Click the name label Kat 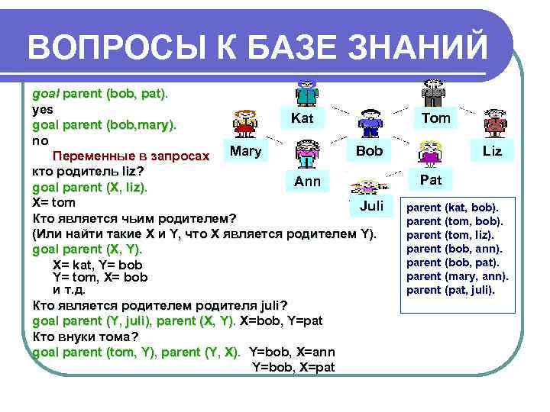pos(302,118)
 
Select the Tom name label pos(436,117)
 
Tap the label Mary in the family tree pos(245,150)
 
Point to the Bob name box pos(370,150)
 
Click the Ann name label pos(307,182)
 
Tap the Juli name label pos(371,206)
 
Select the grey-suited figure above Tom pos(435,92)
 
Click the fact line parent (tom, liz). pos(450,235)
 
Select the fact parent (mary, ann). pos(457,276)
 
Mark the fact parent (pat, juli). pos(451,290)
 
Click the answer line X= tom pos(53,203)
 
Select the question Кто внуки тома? pos(86,336)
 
